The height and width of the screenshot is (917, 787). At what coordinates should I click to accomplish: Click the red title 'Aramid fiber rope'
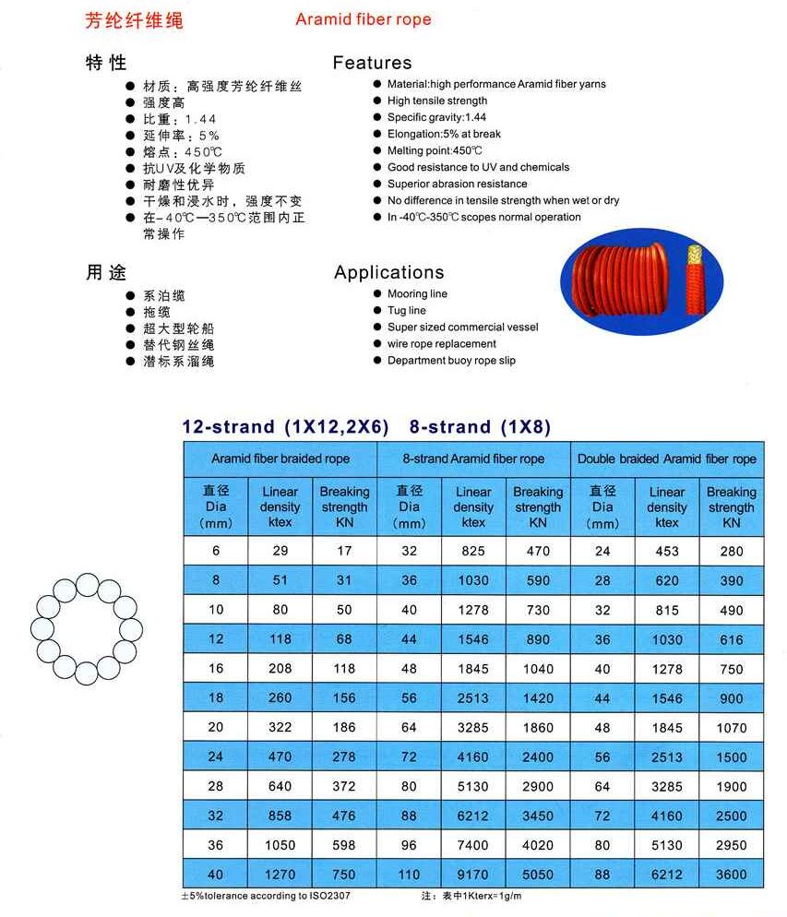(363, 19)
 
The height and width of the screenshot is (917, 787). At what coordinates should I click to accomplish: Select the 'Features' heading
(372, 63)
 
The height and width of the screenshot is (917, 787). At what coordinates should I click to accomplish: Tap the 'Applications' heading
(388, 272)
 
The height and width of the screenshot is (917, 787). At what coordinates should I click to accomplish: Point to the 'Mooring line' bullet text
(417, 294)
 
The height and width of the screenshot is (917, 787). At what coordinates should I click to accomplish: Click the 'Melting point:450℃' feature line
(435, 150)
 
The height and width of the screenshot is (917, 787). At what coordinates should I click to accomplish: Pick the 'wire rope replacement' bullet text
(442, 344)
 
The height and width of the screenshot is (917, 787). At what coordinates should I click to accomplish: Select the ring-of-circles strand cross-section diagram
(87, 626)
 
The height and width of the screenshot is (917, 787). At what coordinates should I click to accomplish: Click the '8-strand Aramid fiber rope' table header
(473, 458)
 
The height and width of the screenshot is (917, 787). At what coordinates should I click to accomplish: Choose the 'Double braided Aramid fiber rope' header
(666, 458)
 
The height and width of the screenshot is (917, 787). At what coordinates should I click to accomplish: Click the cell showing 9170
(473, 875)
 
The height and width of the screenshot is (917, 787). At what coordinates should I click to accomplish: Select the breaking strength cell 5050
(538, 875)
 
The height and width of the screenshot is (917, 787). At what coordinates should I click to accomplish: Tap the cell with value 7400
(473, 845)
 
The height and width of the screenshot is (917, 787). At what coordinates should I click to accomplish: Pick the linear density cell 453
(666, 552)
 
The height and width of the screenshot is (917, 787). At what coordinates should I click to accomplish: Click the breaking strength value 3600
(731, 875)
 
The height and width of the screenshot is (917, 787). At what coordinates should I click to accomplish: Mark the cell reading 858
(280, 816)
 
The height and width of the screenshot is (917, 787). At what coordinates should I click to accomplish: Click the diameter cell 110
(409, 875)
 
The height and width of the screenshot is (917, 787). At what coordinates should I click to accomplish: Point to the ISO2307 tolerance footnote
(266, 896)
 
